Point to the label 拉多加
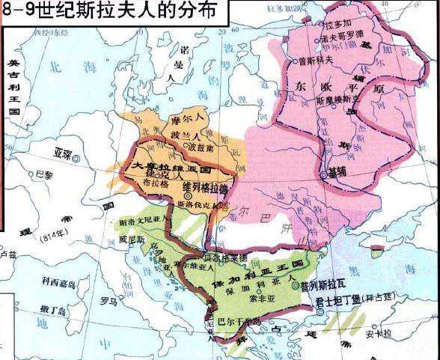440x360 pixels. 340,25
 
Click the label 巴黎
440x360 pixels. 46,174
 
